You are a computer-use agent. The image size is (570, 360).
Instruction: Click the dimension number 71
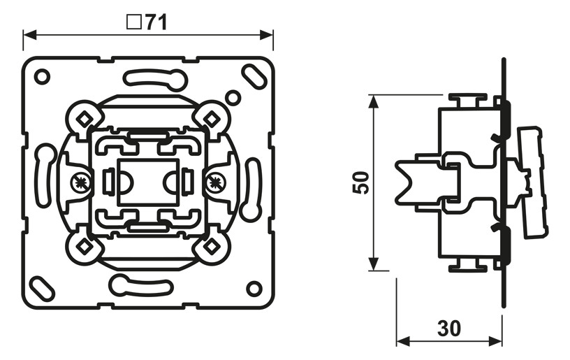pyautogui.click(x=156, y=22)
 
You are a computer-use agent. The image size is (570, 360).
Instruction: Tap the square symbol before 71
pyautogui.click(x=133, y=22)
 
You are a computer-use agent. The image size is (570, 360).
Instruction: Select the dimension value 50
pyautogui.click(x=360, y=183)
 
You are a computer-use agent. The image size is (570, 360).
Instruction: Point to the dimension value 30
pyautogui.click(x=450, y=327)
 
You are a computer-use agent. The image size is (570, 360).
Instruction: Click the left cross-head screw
pyautogui.click(x=82, y=184)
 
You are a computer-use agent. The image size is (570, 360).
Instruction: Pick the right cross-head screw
pyautogui.click(x=214, y=184)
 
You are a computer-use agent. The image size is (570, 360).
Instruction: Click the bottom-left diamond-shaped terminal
pyautogui.click(x=83, y=247)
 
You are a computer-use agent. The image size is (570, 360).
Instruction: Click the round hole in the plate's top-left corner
pyautogui.click(x=41, y=76)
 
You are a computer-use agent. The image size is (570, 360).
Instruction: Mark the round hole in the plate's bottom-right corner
pyautogui.click(x=254, y=288)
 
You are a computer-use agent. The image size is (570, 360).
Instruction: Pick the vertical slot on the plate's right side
pyautogui.click(x=251, y=189)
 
